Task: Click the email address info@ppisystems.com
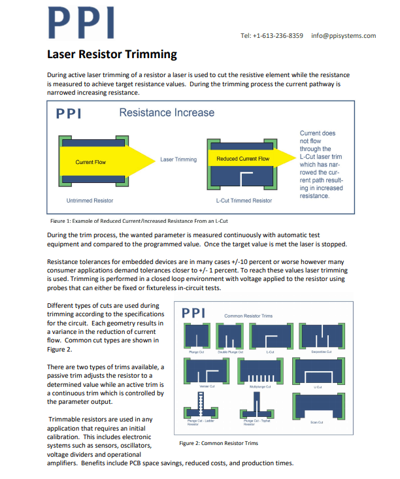(x=343, y=35)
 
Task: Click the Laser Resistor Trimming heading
(x=112, y=54)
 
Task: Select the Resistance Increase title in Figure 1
(x=166, y=113)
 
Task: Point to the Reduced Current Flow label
(x=242, y=159)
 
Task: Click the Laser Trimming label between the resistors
(x=178, y=159)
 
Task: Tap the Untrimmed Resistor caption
(x=90, y=200)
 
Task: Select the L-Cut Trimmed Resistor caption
(x=243, y=200)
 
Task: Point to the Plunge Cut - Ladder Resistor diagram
(x=199, y=408)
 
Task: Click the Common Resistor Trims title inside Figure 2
(x=248, y=316)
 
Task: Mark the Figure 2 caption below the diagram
(x=218, y=443)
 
